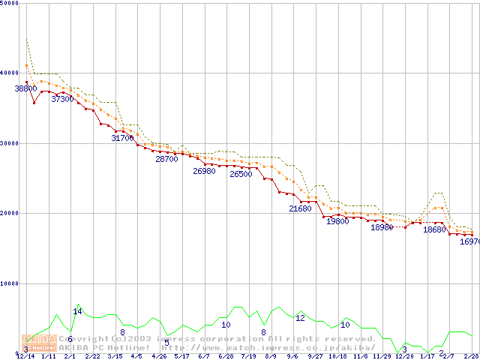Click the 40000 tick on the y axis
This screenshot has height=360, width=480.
point(8,73)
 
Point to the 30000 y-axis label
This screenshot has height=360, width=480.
point(8,143)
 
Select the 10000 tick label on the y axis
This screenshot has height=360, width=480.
point(8,283)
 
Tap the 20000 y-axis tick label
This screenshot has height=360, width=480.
point(8,213)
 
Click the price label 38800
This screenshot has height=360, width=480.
point(25,88)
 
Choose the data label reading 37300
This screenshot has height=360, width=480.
point(62,99)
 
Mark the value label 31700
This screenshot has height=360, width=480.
point(122,138)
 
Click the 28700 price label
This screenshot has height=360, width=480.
point(166,159)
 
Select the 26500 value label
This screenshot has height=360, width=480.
point(241,174)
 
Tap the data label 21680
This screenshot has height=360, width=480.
point(300,208)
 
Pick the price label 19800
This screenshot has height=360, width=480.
point(337,221)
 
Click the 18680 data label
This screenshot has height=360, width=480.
point(434,230)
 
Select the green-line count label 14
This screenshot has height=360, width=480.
point(77,311)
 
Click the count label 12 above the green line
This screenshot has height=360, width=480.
point(300,318)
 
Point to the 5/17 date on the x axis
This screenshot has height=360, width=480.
point(181,356)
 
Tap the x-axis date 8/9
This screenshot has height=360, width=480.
point(271,356)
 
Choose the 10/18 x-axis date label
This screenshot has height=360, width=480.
point(337,356)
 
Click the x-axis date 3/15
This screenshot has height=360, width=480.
point(115,356)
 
